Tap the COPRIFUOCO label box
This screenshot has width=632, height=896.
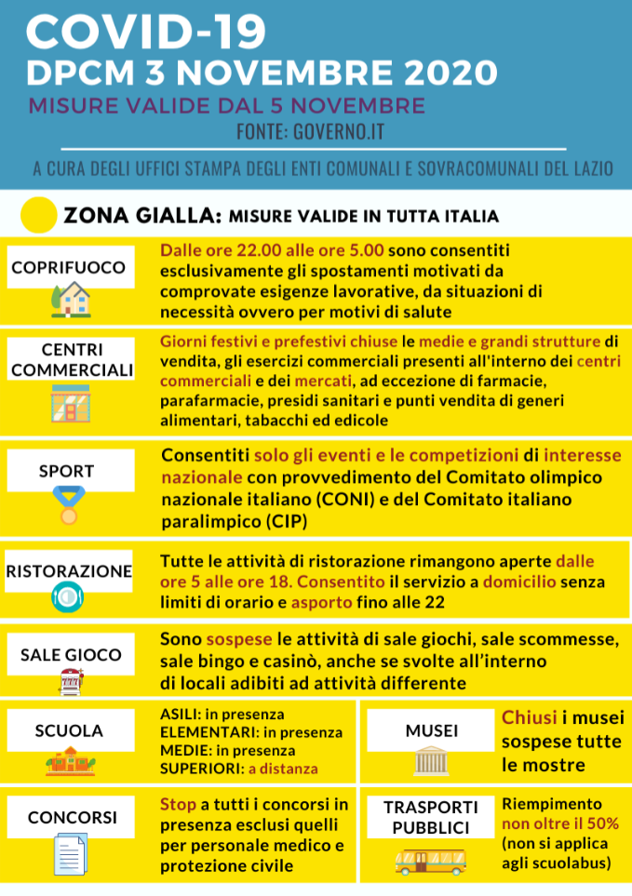(x=68, y=268)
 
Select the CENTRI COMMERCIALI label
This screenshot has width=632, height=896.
(x=74, y=360)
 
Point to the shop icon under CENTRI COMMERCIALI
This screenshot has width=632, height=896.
(x=70, y=403)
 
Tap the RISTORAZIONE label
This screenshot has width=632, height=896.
(x=68, y=570)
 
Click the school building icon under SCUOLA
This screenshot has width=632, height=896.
(x=70, y=764)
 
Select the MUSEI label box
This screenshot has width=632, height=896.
(x=431, y=731)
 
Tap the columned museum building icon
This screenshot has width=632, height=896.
(x=431, y=763)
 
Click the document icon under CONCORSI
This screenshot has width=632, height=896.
(x=70, y=854)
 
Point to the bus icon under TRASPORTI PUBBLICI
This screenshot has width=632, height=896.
(x=430, y=862)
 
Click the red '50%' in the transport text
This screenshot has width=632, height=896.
(x=599, y=823)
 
